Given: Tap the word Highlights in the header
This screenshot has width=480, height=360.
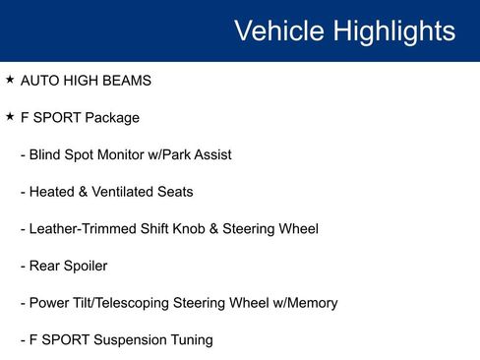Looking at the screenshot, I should point(393,30).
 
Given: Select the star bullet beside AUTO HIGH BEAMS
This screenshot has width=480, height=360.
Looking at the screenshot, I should point(10,79).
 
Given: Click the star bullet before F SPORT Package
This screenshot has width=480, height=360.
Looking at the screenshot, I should point(10,116).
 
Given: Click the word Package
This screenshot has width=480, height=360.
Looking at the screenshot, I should point(112,117).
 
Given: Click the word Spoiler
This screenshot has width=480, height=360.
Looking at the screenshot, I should point(86,266).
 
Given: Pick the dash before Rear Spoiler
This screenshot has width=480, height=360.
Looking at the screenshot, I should point(23,266).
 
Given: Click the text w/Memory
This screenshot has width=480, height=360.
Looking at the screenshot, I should point(299,303).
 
